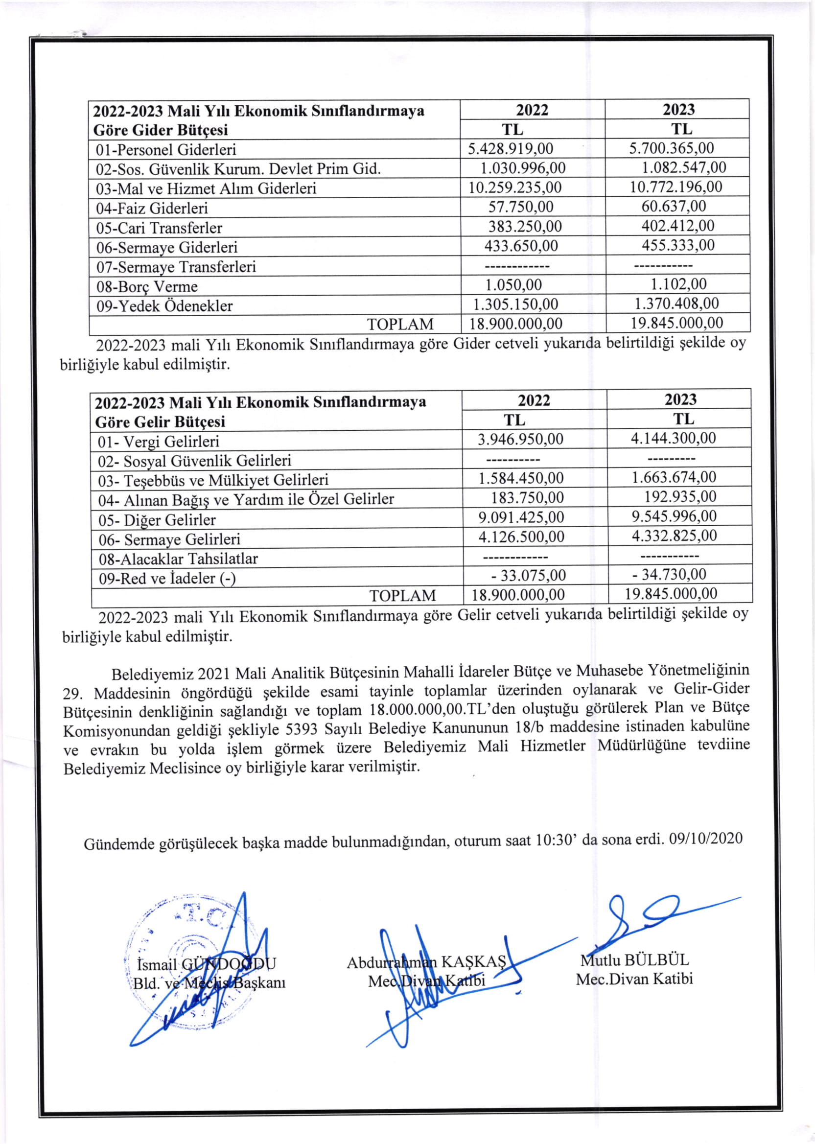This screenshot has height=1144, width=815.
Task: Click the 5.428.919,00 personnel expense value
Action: point(511,149)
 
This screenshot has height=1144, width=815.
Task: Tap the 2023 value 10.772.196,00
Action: point(676,187)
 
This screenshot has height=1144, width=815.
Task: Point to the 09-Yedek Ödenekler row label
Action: point(164,306)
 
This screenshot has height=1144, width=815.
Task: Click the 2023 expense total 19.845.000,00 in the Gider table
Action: point(677,323)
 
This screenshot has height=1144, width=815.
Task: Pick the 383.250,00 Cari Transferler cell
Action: point(525,226)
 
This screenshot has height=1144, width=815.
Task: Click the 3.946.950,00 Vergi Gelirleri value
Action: point(520,440)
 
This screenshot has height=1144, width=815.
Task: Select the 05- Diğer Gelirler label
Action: point(157,520)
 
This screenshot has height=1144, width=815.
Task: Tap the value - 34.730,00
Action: point(669,575)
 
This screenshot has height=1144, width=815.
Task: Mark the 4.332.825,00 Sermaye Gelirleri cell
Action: point(674,536)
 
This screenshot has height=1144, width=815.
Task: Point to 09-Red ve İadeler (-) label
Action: point(166,579)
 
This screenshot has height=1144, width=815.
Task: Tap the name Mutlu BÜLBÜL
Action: point(634,960)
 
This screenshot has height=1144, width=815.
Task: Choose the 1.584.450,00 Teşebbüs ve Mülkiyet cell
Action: point(521,478)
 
